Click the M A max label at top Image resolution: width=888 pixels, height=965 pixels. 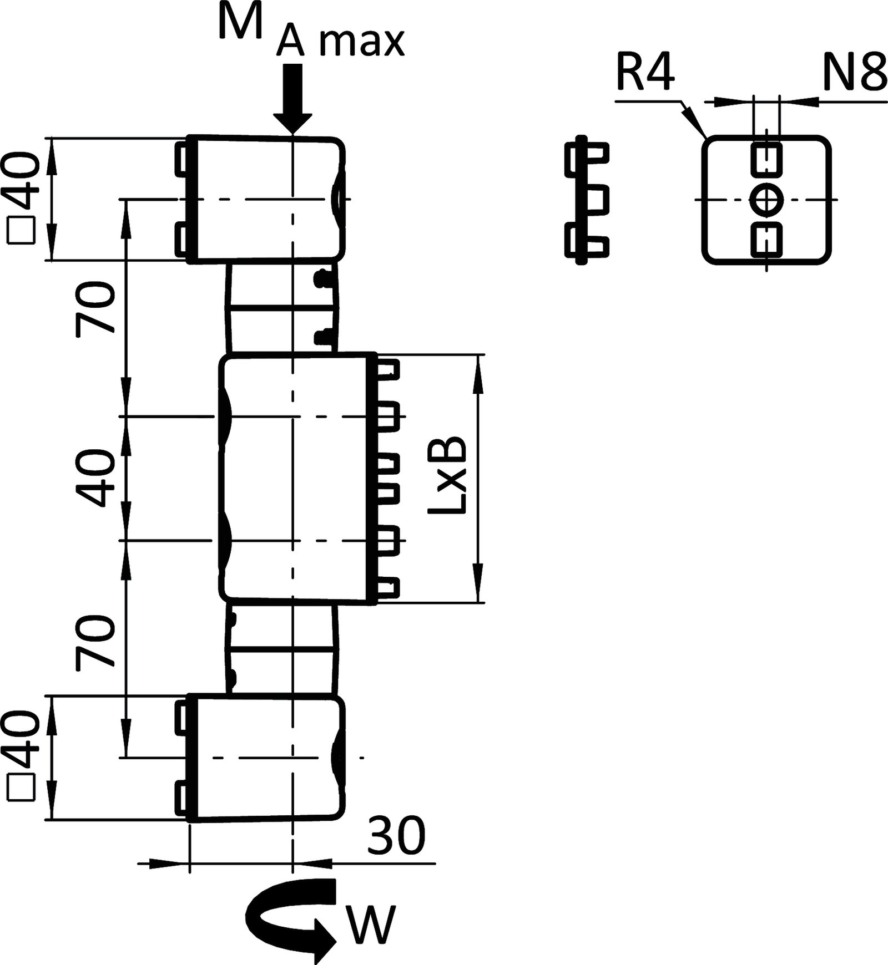311,33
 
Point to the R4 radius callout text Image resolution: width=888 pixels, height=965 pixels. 645,74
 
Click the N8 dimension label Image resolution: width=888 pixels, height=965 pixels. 854,74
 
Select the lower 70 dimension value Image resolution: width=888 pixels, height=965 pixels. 95,641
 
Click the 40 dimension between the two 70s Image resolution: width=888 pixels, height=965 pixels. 95,478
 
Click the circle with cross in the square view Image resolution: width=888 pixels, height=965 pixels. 766,199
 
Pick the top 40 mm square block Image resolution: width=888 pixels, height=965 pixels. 265,199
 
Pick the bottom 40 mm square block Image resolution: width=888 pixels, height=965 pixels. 265,758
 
